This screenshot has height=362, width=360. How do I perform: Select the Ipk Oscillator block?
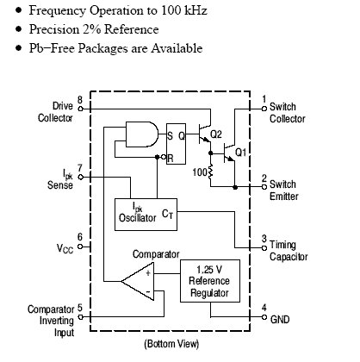click(146, 215)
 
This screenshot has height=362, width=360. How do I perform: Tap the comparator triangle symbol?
click(137, 281)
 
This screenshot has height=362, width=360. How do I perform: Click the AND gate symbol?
click(142, 134)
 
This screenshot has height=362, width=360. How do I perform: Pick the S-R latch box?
click(176, 144)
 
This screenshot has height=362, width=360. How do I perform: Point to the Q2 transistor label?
click(216, 134)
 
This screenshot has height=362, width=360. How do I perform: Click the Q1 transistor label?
click(240, 152)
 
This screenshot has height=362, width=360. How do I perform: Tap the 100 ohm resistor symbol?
click(210, 172)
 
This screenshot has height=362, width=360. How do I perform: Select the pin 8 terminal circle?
click(81, 109)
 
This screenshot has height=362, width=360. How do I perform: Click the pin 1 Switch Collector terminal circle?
click(264, 109)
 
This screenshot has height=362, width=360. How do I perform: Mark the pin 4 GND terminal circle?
click(264, 317)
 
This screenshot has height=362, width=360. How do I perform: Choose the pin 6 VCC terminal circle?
click(80, 247)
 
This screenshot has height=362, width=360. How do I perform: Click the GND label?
click(280, 320)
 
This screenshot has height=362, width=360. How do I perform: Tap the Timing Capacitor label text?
click(289, 251)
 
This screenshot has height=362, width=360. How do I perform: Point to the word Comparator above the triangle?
click(156, 254)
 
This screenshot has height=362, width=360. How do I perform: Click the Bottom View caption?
click(171, 344)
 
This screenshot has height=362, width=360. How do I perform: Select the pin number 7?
click(80, 168)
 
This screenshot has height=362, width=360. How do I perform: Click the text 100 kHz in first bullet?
click(184, 10)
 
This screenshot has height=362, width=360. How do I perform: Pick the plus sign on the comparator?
click(148, 272)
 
